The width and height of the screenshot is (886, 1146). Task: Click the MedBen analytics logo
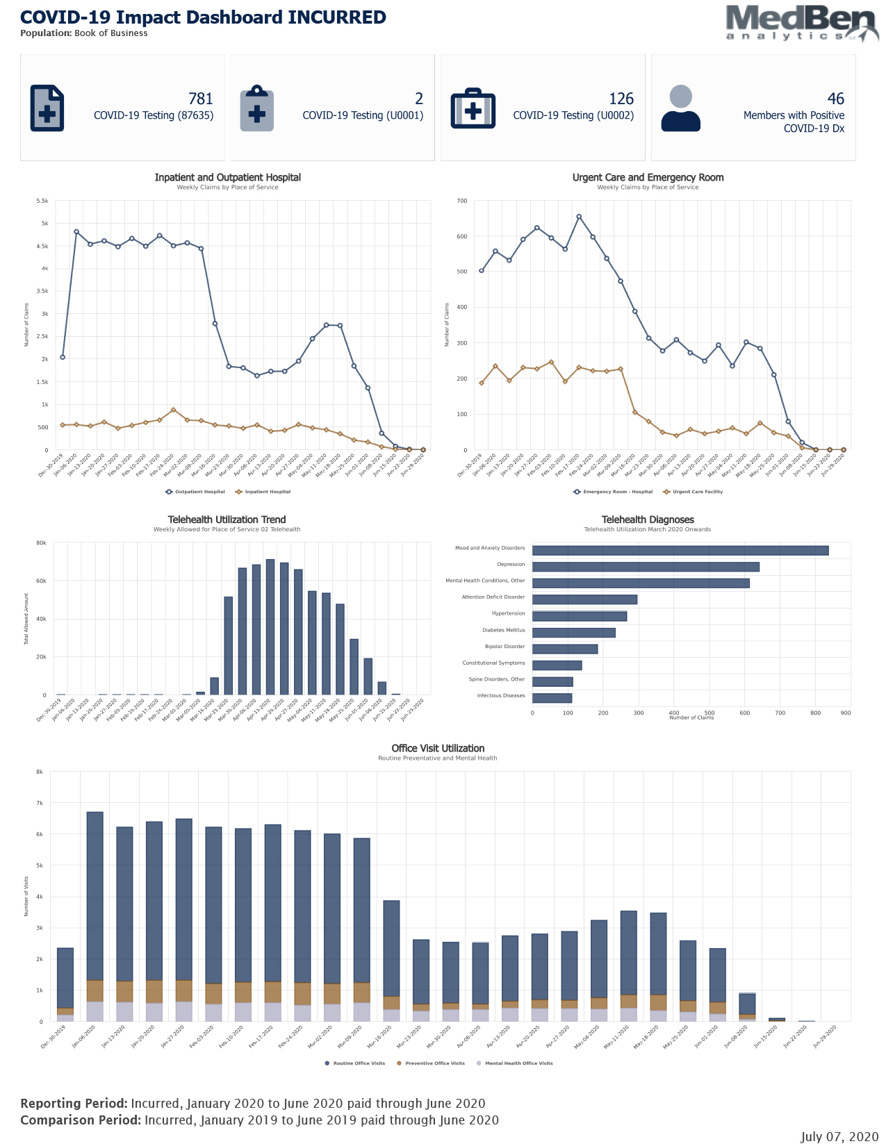coord(801,23)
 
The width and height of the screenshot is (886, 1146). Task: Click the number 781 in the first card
coord(200,99)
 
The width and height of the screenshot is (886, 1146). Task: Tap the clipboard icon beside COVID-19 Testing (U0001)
coord(257,108)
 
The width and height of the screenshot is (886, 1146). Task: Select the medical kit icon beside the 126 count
coord(473,108)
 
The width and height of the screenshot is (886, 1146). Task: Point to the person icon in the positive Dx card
coord(680,108)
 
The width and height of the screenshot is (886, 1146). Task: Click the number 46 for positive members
coord(835,99)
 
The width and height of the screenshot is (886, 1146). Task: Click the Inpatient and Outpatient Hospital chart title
coord(227,177)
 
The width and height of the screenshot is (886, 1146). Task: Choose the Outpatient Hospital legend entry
coord(195,492)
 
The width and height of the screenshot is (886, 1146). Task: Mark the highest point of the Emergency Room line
coord(579,217)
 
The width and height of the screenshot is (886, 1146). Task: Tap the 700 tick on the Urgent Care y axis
coord(462,201)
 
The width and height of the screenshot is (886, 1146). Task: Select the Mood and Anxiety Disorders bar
coord(680,550)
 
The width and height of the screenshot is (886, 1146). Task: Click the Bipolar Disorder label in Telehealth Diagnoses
coord(504,647)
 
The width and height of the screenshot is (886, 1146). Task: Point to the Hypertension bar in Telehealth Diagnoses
coord(579,616)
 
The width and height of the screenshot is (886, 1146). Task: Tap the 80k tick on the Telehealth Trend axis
coord(42,542)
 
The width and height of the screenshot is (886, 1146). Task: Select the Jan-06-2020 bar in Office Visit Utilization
coord(95,917)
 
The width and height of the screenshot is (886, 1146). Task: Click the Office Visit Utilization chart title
coord(438,748)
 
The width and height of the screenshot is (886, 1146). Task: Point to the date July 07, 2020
coord(839,1137)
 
